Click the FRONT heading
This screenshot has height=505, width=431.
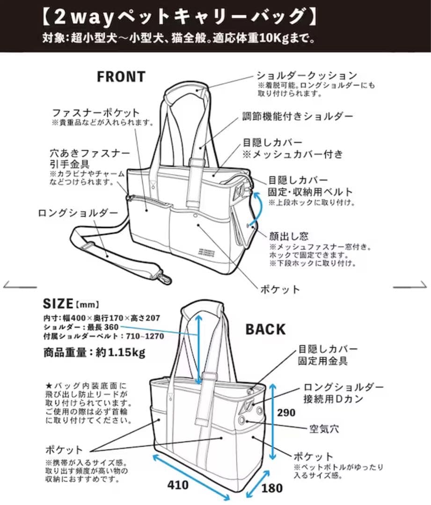121,76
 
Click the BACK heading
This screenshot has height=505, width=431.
265,329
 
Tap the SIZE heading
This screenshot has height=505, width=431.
58,303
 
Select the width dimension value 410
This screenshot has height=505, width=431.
178,485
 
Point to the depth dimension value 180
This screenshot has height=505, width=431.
271,488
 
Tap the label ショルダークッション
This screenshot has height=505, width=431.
307,75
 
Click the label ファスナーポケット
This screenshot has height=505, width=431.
95,113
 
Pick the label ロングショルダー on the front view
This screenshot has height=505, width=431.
78,213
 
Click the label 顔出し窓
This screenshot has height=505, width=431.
288,237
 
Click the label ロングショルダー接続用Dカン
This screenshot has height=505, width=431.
343,393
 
